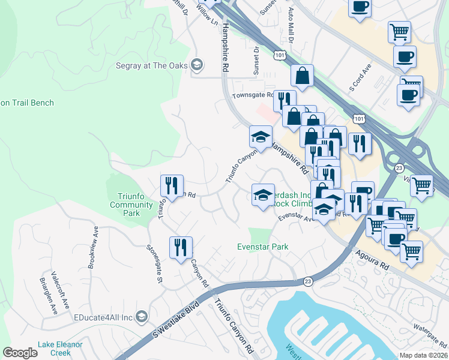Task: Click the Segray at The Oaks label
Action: click(152, 65)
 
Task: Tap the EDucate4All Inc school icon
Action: click(142, 316)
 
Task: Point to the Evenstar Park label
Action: click(262, 247)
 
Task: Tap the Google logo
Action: click(20, 353)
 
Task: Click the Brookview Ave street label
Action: click(92, 250)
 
